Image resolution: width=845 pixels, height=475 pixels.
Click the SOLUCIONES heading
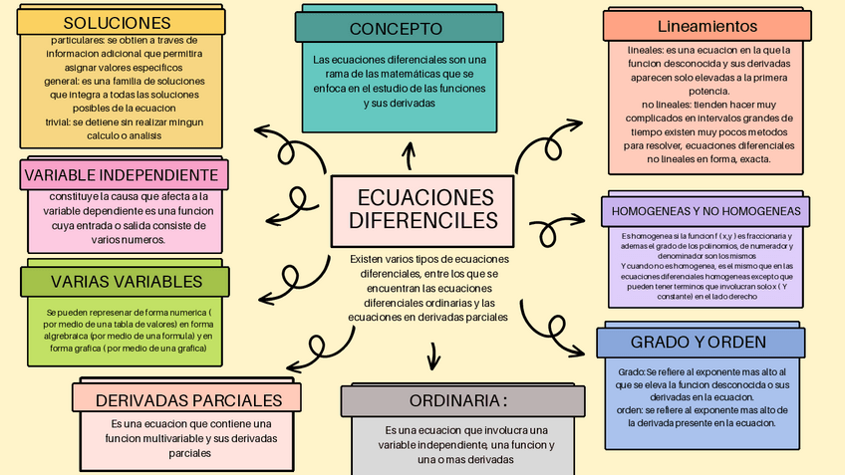click(117, 22)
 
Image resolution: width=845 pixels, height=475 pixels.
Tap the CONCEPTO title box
click(396, 29)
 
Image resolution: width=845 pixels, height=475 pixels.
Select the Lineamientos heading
click(707, 26)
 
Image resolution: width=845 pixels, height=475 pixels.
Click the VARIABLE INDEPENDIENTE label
click(121, 175)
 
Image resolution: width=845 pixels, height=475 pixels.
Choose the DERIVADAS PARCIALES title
click(189, 400)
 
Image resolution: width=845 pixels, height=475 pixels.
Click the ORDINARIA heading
click(457, 400)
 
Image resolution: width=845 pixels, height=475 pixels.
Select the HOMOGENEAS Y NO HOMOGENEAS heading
click(704, 211)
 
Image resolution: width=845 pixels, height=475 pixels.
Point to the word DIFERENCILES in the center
click(424, 219)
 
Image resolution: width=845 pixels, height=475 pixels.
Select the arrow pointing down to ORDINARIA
click(432, 356)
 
